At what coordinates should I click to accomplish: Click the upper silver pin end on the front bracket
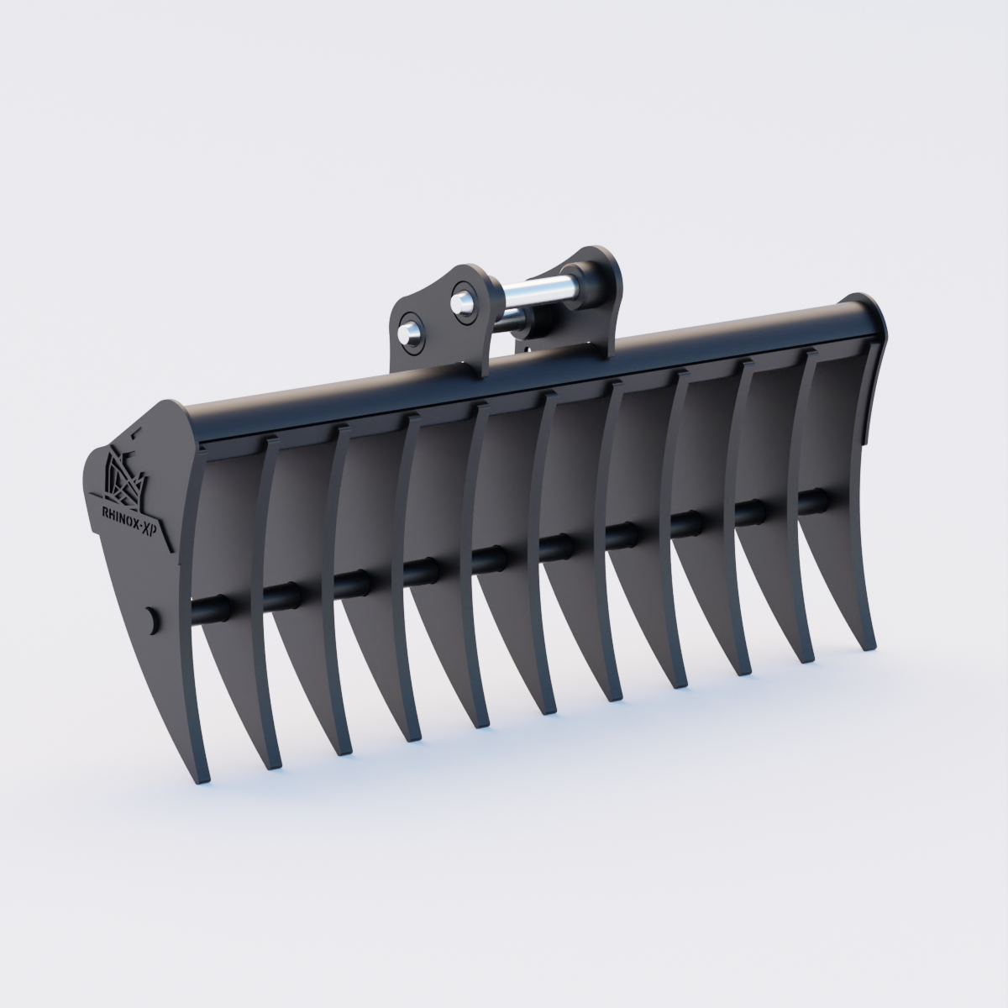[x=460, y=299]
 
